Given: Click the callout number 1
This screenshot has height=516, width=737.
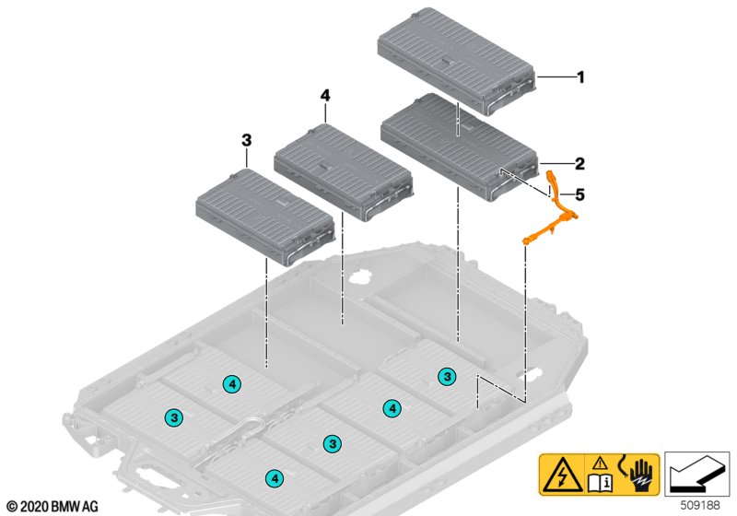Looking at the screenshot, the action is click(x=581, y=77).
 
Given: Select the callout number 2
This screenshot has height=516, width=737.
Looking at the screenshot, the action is click(x=580, y=163).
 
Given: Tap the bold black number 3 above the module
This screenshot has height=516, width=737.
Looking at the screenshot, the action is click(x=246, y=140).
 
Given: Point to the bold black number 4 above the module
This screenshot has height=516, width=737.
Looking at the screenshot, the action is click(x=325, y=96).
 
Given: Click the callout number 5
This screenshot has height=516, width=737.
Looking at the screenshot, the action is click(x=580, y=194).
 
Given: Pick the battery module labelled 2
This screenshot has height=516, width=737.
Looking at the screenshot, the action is click(x=459, y=147).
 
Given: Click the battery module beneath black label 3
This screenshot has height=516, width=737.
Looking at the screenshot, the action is click(x=265, y=217).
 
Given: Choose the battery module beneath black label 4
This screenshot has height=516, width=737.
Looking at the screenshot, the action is click(x=344, y=172).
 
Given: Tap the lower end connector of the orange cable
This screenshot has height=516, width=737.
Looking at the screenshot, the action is click(x=527, y=240).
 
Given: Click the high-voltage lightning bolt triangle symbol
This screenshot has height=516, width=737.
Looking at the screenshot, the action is click(x=561, y=475).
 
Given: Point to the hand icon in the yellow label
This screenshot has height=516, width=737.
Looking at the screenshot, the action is click(x=641, y=474).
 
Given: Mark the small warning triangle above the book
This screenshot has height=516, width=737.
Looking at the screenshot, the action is click(x=600, y=463).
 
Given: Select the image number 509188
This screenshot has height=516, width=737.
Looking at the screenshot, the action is click(x=700, y=505).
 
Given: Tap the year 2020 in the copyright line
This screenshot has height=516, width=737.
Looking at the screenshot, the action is click(x=34, y=507).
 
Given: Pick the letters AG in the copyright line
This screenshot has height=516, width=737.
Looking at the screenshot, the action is click(x=90, y=507).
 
